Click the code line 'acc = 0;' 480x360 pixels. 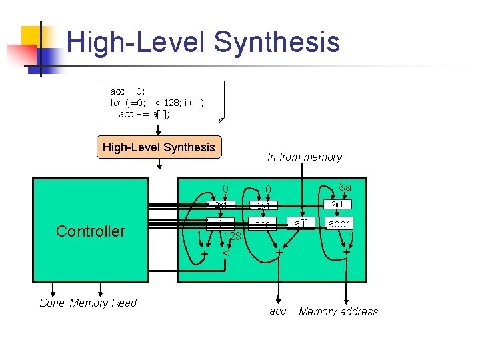[x=127, y=91]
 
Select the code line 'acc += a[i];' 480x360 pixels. [x=145, y=114]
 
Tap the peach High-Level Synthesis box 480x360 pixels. [x=159, y=147]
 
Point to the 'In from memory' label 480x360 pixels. [x=304, y=157]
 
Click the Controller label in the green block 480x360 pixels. [x=91, y=231]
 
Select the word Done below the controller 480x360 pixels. [x=52, y=303]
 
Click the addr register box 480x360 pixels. [x=339, y=223]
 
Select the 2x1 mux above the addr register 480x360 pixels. [x=337, y=205]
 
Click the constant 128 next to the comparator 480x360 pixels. [x=232, y=237]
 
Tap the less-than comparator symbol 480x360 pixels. [x=226, y=253]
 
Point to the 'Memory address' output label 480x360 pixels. [x=338, y=311]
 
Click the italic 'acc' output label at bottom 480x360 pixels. [x=277, y=311]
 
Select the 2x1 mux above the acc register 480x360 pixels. [x=263, y=205]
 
